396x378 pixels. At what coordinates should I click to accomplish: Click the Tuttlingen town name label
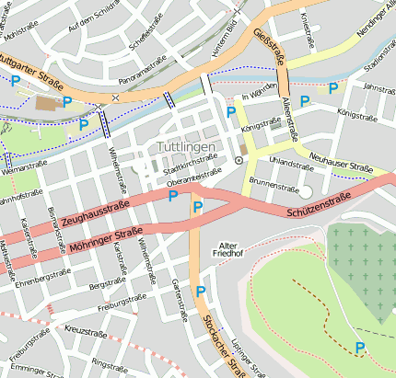(x=186, y=147)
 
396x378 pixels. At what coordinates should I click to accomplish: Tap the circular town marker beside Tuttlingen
(x=239, y=160)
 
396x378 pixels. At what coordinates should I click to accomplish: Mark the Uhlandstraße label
(x=292, y=162)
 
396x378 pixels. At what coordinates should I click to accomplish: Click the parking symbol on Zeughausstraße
(x=172, y=195)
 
